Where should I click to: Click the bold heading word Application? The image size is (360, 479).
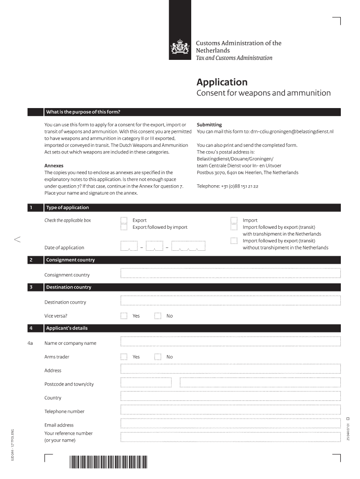pos(222,82)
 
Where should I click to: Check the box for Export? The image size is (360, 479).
pos(124,220)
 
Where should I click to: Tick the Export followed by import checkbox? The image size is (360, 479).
pos(124,227)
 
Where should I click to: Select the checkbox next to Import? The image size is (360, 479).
pos(234,220)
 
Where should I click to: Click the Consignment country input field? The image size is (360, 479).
pos(230,274)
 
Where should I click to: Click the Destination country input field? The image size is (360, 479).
pos(230,301)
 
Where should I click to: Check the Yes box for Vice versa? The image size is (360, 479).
pos(124,316)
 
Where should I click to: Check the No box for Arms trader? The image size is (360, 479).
pos(158,356)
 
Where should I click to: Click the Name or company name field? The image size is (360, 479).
pos(230,342)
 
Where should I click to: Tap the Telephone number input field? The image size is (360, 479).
pos(230,411)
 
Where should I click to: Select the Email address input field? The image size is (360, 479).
pos(230,424)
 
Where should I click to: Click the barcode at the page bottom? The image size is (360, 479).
pos(108,462)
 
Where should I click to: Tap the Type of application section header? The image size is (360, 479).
pos(67,208)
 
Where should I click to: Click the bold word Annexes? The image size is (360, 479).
pos(54,166)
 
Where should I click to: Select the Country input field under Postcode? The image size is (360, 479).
pos(230,397)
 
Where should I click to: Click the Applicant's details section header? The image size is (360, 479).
pos(67,328)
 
